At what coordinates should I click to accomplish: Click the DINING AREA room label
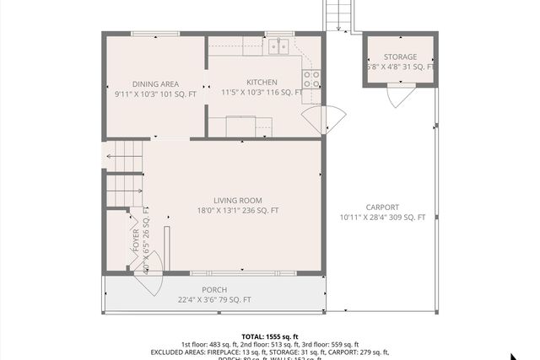pos(156,83)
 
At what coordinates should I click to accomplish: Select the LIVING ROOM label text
pos(237,200)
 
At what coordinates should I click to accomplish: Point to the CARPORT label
pos(382,207)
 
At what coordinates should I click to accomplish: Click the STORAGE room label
pos(400,56)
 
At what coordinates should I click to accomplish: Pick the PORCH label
pos(214,290)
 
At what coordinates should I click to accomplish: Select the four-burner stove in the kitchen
pos(311,79)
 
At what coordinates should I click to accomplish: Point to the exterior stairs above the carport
pos(337,15)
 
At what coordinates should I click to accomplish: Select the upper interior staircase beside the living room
pos(125,156)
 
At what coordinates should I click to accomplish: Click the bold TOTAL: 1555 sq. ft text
pos(269,336)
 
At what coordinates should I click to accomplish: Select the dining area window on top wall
pos(155,34)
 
